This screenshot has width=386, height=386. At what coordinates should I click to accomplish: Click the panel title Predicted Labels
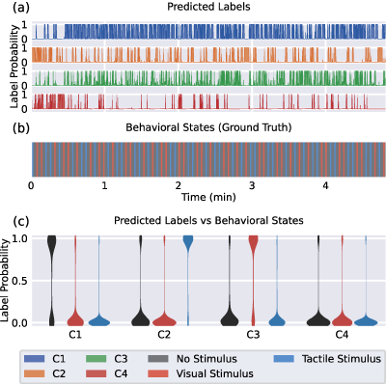208,7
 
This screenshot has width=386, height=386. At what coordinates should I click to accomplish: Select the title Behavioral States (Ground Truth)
208,127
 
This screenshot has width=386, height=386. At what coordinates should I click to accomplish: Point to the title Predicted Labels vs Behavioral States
208,220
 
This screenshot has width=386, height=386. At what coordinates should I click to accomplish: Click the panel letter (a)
21,7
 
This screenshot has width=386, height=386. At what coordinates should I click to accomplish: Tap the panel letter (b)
21,127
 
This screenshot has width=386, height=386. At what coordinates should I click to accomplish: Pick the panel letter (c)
21,221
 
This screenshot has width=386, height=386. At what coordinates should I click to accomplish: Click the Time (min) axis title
208,197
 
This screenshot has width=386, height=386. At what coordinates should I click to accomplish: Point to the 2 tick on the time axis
179,185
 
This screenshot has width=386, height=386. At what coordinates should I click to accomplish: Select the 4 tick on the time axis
325,185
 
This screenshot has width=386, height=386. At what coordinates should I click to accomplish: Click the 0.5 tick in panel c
19,281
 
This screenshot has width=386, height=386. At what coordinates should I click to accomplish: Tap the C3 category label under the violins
253,335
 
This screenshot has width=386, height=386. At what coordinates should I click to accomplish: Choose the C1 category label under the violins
75,335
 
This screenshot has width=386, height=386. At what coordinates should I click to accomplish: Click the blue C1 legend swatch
34,359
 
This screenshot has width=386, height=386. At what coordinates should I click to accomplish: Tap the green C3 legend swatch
96,359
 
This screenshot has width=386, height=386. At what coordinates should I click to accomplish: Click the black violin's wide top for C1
52,244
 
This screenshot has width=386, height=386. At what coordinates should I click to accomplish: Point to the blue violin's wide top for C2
188,242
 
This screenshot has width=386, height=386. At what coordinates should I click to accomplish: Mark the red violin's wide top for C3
254,242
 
